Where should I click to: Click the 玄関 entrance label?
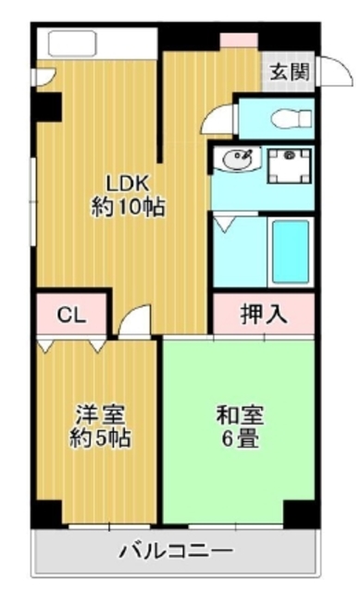click(x=290, y=72)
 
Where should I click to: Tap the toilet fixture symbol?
click(x=292, y=118)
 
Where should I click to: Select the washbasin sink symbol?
click(x=237, y=158)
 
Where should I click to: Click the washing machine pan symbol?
click(x=289, y=166)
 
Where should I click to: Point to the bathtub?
click(x=291, y=252)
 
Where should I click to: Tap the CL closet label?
click(x=72, y=314)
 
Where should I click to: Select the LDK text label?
click(x=127, y=183)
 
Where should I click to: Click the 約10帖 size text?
click(x=128, y=207)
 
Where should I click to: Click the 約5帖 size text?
click(x=100, y=438)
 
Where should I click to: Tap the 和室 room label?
click(x=240, y=415)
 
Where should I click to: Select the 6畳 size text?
click(x=240, y=438)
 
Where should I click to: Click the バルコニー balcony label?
click(x=176, y=551)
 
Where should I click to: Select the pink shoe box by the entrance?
click(x=239, y=40)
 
